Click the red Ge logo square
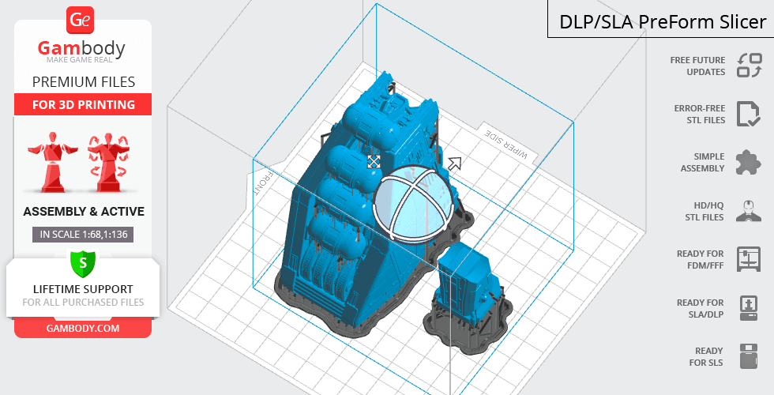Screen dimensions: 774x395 pyautogui.click(x=80, y=21)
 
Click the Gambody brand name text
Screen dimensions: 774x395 pyautogui.click(x=81, y=48)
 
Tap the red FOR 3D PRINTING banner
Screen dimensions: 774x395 pyautogui.click(x=83, y=104)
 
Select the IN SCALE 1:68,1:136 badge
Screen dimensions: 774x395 pyautogui.click(x=84, y=235)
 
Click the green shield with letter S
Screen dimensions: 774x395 pyautogui.click(x=83, y=263)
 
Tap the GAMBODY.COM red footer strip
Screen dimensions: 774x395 pyautogui.click(x=83, y=329)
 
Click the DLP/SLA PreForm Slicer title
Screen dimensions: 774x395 pyautogui.click(x=663, y=22)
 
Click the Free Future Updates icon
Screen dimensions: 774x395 pyautogui.click(x=750, y=66)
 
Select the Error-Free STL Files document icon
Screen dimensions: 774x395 pyautogui.click(x=749, y=114)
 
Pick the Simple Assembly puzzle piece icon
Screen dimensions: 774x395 pyautogui.click(x=749, y=163)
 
